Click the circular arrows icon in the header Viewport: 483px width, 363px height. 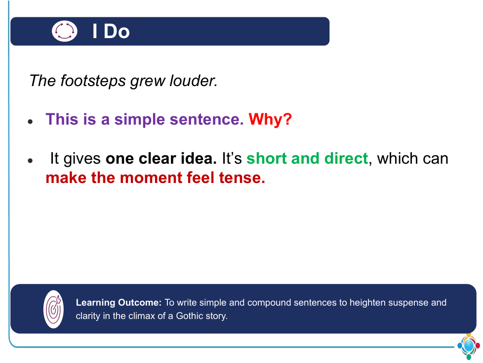[x=64, y=31]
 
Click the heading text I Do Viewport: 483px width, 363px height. [x=111, y=31]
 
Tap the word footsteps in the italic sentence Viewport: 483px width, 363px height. [x=93, y=81]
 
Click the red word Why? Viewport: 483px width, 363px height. [x=270, y=119]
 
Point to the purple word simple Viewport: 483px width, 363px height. [x=140, y=120]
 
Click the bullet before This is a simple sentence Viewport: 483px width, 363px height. [x=30, y=122]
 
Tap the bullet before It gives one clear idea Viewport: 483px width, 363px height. [x=30, y=160]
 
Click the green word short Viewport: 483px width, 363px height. [x=267, y=158]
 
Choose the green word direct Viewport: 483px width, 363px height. [x=346, y=158]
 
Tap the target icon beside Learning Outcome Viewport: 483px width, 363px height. [x=54, y=309]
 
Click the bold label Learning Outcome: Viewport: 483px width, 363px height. [x=119, y=303]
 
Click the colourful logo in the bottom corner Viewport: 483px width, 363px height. [x=469, y=346]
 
